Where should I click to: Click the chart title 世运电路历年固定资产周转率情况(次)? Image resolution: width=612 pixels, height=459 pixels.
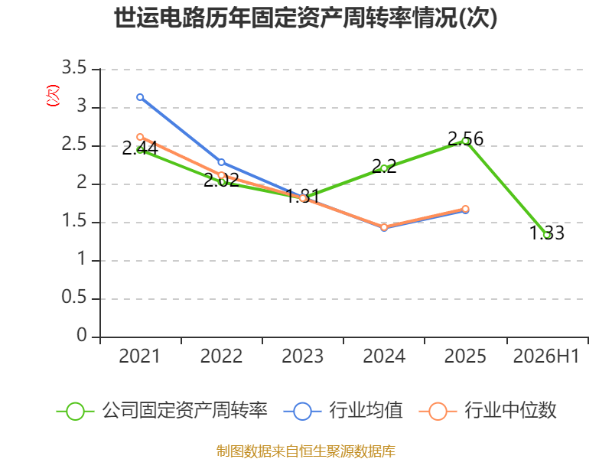[x=305, y=18]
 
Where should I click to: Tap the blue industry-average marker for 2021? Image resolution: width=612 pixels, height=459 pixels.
[x=140, y=97]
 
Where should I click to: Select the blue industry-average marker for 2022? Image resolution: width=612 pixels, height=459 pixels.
[x=221, y=162]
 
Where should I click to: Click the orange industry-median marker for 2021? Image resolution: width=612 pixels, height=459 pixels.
[x=140, y=137]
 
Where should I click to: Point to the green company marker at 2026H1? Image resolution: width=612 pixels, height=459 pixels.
[x=547, y=236]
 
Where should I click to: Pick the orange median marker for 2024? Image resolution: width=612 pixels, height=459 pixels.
[x=384, y=227]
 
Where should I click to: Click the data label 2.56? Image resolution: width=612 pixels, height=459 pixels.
[x=465, y=139]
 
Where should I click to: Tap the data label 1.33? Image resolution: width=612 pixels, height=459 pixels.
[x=547, y=233]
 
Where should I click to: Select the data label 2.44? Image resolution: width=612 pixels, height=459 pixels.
[x=140, y=148]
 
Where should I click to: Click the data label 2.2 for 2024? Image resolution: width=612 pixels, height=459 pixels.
[x=384, y=166]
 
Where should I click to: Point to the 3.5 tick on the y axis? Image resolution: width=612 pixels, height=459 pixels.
[x=74, y=68]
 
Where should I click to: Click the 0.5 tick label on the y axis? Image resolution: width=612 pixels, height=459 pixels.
[x=74, y=298]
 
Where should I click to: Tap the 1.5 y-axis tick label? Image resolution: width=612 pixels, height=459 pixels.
[x=74, y=221]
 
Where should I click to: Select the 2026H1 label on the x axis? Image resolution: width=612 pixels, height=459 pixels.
[x=546, y=356]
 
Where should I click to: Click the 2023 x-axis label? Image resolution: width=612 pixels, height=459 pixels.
[x=302, y=356]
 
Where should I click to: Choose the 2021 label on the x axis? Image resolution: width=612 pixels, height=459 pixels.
[x=140, y=356]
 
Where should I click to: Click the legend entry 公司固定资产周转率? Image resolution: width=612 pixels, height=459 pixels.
[x=162, y=411]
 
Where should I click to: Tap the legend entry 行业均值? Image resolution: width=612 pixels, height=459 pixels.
[x=343, y=411]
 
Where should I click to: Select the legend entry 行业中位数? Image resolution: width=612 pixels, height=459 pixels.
[x=487, y=411]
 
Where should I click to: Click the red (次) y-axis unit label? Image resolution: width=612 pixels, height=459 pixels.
[x=53, y=96]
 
